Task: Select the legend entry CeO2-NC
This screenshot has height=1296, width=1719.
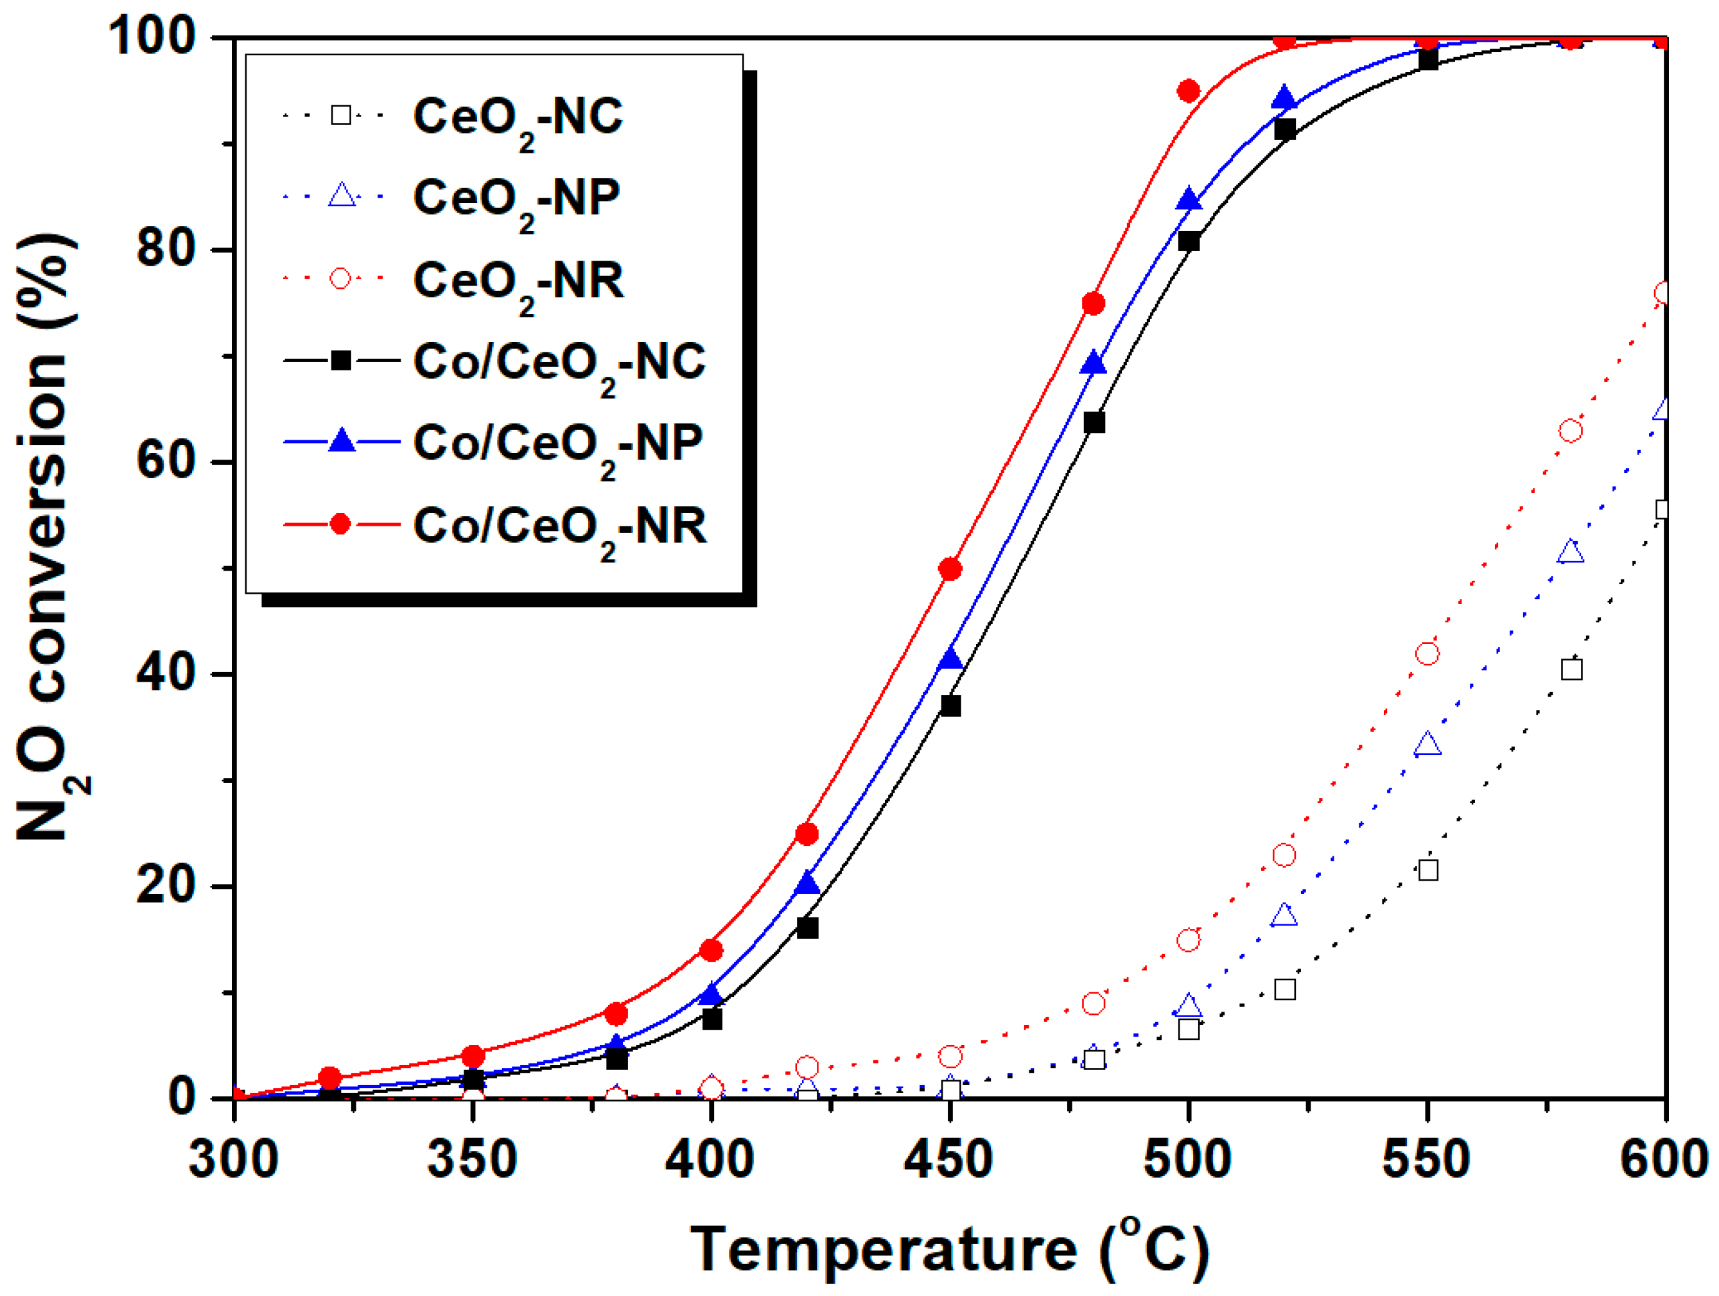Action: [518, 117]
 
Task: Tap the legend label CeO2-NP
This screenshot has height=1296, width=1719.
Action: [516, 199]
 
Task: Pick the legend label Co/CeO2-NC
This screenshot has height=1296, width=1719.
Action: [559, 363]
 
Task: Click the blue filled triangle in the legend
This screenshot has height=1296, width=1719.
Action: [341, 443]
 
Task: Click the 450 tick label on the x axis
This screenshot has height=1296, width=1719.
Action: [948, 1159]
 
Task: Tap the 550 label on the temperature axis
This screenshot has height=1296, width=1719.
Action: [1426, 1159]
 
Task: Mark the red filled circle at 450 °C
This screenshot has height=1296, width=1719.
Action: [950, 569]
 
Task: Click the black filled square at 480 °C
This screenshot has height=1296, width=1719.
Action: [1094, 422]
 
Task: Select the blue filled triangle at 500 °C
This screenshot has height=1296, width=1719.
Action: [1188, 200]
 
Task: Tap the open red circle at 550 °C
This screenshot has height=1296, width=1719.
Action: [1427, 653]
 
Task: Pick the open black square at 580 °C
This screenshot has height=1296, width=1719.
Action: [1571, 669]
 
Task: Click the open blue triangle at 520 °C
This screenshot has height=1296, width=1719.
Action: [1284, 915]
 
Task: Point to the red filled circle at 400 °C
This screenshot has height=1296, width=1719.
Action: [711, 950]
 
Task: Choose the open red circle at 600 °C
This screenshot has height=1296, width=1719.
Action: [1663, 293]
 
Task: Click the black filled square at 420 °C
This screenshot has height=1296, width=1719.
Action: [807, 928]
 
